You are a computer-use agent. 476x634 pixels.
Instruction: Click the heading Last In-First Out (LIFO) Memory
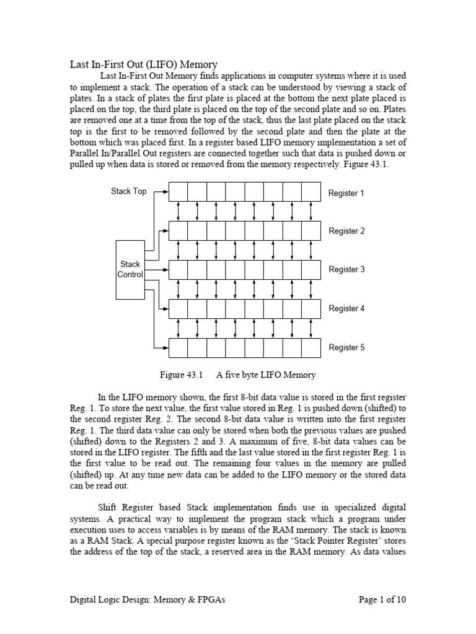143,64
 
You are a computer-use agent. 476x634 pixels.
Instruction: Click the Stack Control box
130,269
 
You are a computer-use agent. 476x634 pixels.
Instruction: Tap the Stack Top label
128,191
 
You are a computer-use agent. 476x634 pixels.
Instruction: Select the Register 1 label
346,193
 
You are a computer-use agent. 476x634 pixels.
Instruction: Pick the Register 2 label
346,231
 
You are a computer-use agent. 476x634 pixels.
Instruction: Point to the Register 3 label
346,270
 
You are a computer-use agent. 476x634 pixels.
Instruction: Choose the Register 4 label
346,308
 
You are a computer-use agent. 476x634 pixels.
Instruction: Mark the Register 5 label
346,347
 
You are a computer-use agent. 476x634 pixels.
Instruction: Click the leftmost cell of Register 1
178,192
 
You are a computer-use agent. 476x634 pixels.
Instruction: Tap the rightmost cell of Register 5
311,347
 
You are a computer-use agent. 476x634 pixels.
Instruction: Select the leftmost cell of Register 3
178,270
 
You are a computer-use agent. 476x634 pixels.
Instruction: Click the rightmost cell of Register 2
311,231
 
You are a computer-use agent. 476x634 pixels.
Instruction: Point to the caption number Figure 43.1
182,375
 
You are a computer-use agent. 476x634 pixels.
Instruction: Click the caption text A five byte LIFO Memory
266,375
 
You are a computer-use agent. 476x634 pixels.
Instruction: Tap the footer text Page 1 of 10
383,599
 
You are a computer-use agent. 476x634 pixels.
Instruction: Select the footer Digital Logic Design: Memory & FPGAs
143,599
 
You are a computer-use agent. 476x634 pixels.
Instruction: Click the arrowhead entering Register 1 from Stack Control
165,192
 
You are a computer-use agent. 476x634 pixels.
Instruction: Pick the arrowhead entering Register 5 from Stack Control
165,347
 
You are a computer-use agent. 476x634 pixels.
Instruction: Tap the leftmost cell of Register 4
178,308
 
